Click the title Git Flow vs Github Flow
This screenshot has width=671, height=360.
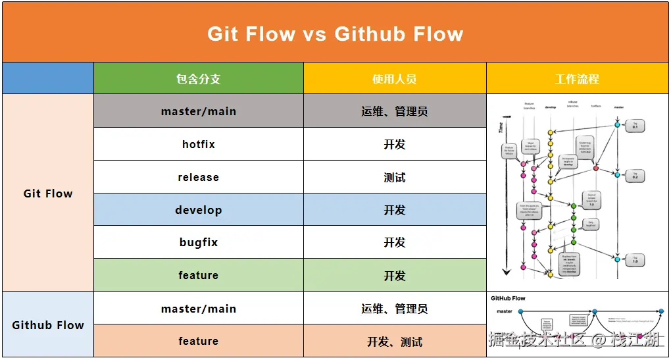(335, 34)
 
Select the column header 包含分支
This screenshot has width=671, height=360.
(198, 79)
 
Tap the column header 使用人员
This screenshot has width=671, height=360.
(395, 79)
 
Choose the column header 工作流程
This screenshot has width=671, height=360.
(577, 79)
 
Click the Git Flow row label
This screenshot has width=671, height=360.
(48, 193)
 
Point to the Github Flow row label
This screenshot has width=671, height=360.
(48, 325)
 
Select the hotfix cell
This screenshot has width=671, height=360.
(198, 144)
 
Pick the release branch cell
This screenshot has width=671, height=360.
(198, 177)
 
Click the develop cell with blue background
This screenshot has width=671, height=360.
(198, 210)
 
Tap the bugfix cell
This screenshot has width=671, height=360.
(198, 242)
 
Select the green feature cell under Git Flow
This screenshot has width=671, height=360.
(198, 275)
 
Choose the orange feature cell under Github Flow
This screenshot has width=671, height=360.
(198, 341)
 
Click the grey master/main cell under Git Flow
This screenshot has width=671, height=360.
(198, 111)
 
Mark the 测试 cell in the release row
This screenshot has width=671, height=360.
(395, 177)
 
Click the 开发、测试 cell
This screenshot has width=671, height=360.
(395, 342)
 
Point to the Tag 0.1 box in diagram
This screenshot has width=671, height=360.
(635, 125)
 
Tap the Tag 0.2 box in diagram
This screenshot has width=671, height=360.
(635, 176)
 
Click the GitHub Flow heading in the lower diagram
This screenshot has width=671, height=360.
(509, 298)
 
